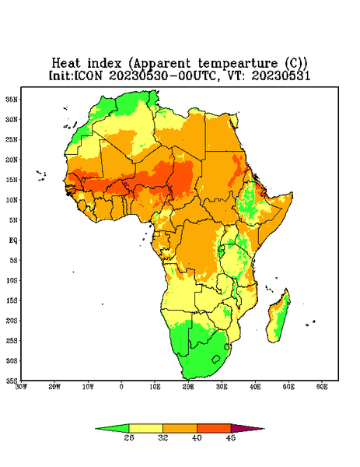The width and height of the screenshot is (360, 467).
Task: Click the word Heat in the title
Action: [x=66, y=64]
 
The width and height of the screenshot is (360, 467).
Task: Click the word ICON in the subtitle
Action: [x=88, y=75]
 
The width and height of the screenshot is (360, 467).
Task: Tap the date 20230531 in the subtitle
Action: [x=281, y=75]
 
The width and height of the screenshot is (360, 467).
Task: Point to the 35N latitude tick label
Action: [x=12, y=100]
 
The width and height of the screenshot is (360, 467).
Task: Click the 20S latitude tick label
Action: [x=12, y=321]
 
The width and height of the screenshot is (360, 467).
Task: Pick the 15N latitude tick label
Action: [x=12, y=180]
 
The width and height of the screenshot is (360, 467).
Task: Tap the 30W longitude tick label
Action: [x=21, y=387]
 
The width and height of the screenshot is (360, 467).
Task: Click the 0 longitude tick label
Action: [x=121, y=387]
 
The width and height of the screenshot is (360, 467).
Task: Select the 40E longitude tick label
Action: [x=255, y=387]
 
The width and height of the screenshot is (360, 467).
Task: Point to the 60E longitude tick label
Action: [x=322, y=387]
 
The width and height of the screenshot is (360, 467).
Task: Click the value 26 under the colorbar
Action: [x=129, y=437]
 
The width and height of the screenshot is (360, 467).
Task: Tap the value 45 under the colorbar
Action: [x=231, y=437]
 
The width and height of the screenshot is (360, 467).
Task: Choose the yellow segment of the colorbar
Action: [x=145, y=428]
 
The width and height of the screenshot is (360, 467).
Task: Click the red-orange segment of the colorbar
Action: [x=214, y=428]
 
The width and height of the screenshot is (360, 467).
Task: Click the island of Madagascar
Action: [x=278, y=318]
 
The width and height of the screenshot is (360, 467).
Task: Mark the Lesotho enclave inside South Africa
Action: [x=216, y=359]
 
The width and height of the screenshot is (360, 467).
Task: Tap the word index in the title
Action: [x=104, y=64]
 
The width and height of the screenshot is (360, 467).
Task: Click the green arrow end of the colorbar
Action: [x=114, y=429]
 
